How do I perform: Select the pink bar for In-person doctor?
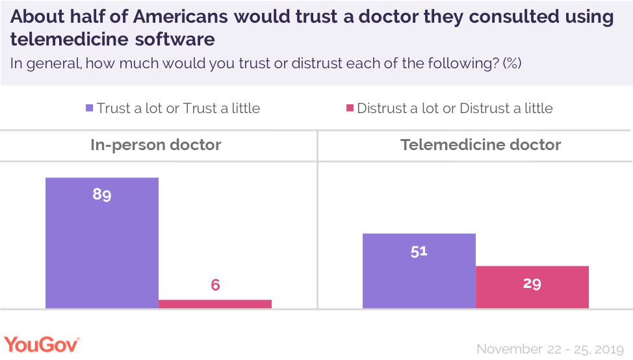(215, 303)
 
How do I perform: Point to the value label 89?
(102, 194)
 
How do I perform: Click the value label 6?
(215, 285)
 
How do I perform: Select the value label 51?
(419, 251)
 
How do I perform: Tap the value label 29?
(532, 283)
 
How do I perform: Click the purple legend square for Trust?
(90, 108)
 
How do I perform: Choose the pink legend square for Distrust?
(350, 108)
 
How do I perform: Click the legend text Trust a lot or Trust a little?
(178, 108)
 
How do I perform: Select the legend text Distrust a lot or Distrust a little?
(455, 108)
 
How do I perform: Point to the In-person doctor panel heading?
(156, 144)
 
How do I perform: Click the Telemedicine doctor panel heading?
(481, 144)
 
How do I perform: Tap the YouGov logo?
(42, 345)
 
